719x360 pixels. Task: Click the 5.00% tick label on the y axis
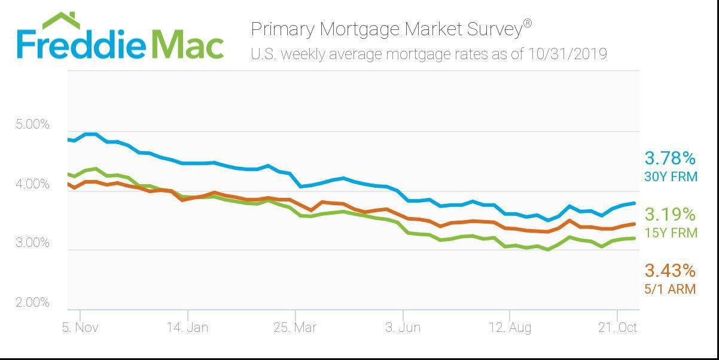pyautogui.click(x=32, y=125)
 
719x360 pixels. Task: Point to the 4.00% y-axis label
pyautogui.click(x=32, y=184)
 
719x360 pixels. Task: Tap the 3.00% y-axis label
pyautogui.click(x=32, y=243)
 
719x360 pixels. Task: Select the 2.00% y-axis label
pyautogui.click(x=32, y=303)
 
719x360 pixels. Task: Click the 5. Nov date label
pyautogui.click(x=80, y=328)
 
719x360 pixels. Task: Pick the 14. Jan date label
pyautogui.click(x=187, y=328)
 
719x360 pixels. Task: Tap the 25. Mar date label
pyautogui.click(x=295, y=328)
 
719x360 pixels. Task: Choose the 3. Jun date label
pyautogui.click(x=403, y=328)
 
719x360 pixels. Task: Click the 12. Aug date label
pyautogui.click(x=510, y=328)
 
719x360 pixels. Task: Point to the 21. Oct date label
pyautogui.click(x=618, y=328)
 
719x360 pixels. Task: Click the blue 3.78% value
pyautogui.click(x=670, y=158)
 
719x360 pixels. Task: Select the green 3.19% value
pyautogui.click(x=670, y=214)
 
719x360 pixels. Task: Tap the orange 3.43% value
pyautogui.click(x=670, y=271)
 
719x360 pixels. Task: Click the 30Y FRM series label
pyautogui.click(x=671, y=176)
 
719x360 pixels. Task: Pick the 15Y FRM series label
pyautogui.click(x=671, y=233)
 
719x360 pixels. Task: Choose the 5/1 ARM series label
pyautogui.click(x=670, y=289)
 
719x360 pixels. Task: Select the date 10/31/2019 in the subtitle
pyautogui.click(x=567, y=54)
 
